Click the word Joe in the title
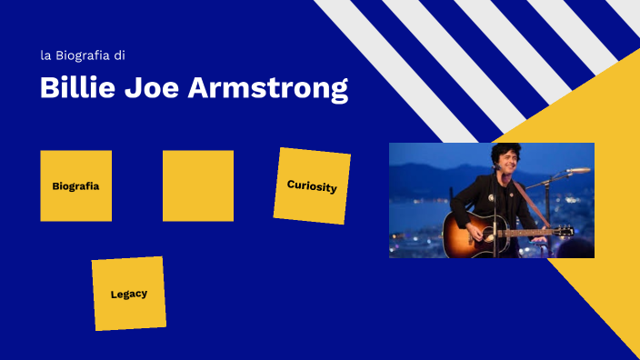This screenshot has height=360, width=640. tap(154, 88)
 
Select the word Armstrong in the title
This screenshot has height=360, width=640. tap(268, 89)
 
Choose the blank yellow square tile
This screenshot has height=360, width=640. tap(198, 185)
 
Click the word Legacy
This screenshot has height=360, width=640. tap(128, 294)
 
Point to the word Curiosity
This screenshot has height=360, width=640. tap(312, 186)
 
